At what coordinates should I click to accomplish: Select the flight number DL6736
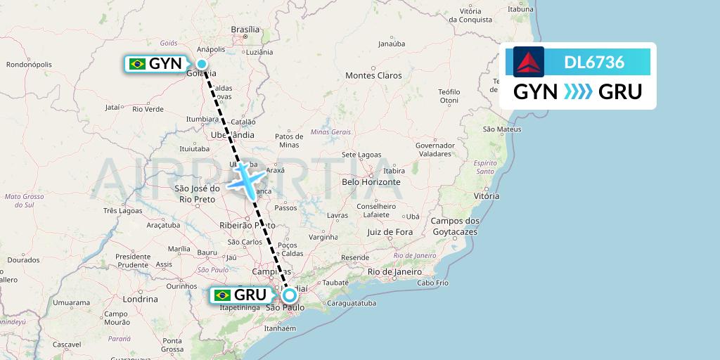point(594,62)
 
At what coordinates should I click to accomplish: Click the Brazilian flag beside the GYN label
point(137,64)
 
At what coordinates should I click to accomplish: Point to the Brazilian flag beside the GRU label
point(223,295)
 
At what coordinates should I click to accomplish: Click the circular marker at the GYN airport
point(202,64)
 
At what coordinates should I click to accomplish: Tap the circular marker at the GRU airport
point(289,295)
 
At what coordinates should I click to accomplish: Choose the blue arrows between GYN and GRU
point(578,92)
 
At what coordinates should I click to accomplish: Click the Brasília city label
point(245,30)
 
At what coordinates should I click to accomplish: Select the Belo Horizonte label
point(370,181)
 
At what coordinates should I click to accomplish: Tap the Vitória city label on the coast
point(487,196)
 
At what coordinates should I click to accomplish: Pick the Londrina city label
point(140,298)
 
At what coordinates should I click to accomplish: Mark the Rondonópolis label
point(29,65)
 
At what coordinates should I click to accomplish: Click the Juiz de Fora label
point(390,231)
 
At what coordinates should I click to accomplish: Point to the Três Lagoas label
point(122,210)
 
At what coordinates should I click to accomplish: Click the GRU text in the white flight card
point(620,92)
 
